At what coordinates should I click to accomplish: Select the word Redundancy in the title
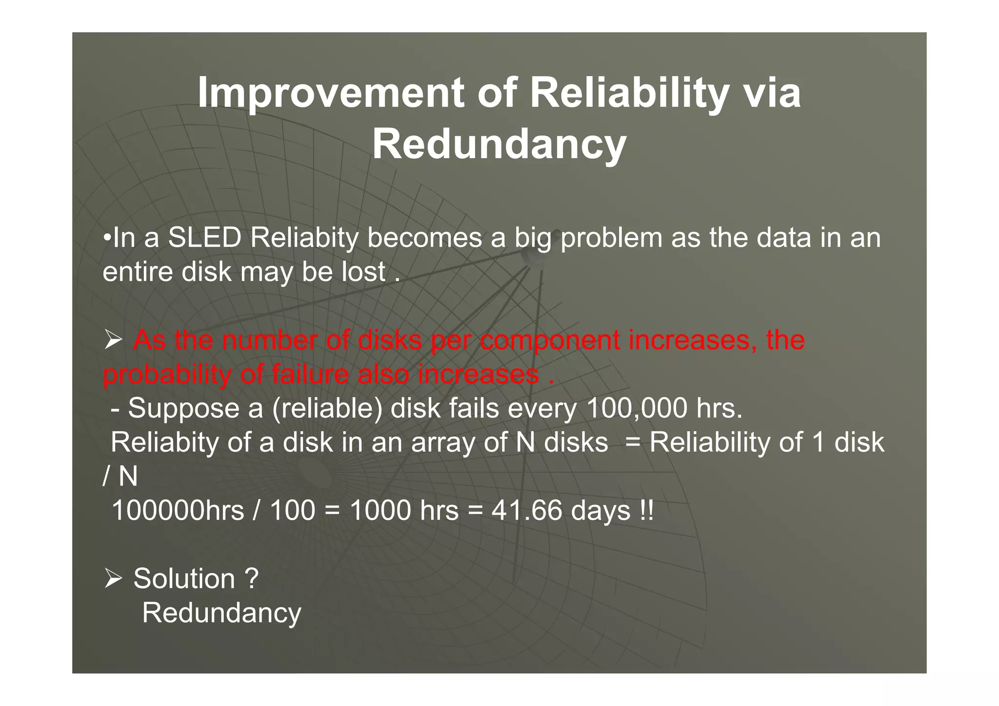tap(499, 144)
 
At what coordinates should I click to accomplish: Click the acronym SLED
tap(204, 238)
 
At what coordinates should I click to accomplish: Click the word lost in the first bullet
tap(363, 272)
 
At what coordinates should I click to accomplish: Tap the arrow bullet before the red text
tap(113, 340)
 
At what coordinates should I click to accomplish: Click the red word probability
tap(167, 375)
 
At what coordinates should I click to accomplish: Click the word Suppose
tap(183, 408)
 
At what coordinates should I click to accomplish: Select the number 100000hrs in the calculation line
tap(178, 511)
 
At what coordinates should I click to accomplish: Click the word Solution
tap(184, 579)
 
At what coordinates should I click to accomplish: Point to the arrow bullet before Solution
tap(113, 579)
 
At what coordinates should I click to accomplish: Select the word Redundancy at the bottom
tap(221, 613)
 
